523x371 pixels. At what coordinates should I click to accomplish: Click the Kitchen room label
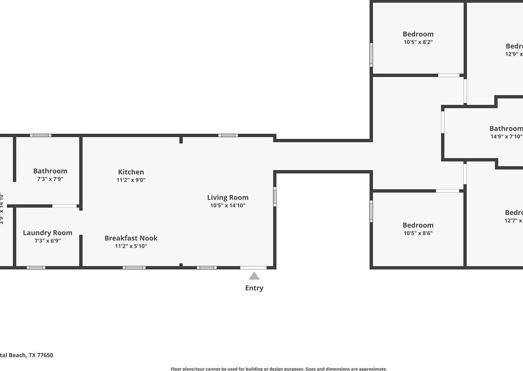[131, 172]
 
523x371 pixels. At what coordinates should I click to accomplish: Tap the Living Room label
[228, 197]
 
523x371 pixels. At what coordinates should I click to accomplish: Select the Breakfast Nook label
[131, 238]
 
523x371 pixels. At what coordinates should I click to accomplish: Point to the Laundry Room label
[48, 233]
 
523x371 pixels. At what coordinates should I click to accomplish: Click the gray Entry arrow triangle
[254, 276]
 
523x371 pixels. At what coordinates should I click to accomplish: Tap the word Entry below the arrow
[254, 288]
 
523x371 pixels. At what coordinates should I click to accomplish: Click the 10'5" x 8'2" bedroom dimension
[418, 42]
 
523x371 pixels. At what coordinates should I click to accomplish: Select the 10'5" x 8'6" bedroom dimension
[418, 233]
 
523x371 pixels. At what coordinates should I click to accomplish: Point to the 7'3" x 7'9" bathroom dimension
[50, 179]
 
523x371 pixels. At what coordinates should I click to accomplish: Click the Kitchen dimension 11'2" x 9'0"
[131, 180]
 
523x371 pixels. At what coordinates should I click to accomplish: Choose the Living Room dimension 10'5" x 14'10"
[228, 206]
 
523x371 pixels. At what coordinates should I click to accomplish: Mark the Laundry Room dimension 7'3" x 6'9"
[48, 241]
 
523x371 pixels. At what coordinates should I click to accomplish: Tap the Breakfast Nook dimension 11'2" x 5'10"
[131, 246]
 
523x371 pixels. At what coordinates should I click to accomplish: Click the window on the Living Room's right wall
[275, 196]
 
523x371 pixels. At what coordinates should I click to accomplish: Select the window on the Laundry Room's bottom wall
[36, 268]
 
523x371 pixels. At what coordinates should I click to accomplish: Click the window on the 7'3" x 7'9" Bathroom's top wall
[41, 135]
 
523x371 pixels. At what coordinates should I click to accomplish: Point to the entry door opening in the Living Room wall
[254, 268]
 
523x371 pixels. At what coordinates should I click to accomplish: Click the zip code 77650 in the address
[45, 355]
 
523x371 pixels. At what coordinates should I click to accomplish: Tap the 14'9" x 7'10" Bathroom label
[506, 129]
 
